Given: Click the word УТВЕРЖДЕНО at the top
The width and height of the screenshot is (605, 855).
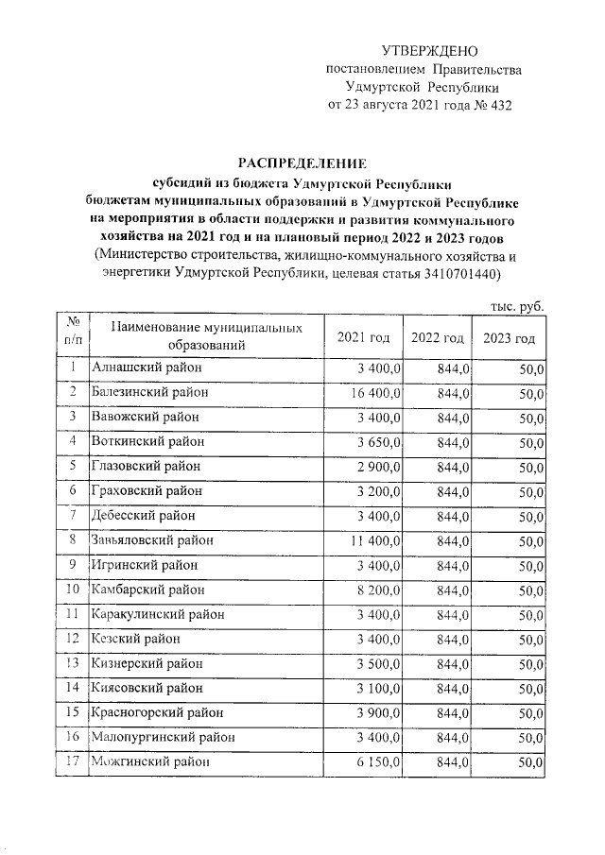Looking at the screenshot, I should (430, 50).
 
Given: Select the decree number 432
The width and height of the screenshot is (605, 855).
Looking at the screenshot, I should (497, 104).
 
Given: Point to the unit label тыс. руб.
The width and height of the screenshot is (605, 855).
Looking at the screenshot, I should (517, 306).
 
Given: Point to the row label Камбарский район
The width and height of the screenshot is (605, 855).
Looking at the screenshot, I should (147, 590).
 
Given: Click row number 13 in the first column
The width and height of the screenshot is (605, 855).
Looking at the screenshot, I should (72, 663).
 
